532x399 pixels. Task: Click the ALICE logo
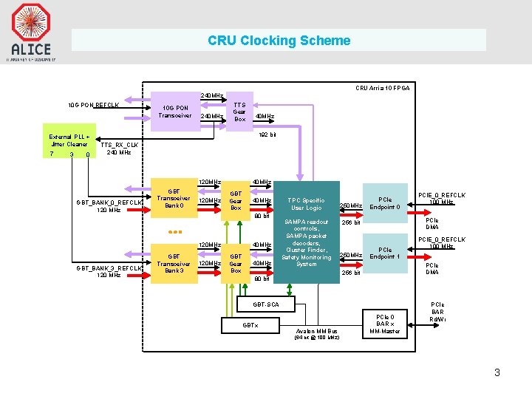click(30, 30)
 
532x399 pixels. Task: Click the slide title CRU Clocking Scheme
click(279, 41)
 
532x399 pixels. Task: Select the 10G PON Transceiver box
click(174, 111)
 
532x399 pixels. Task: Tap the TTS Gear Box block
click(239, 112)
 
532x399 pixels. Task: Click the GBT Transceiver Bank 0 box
click(174, 199)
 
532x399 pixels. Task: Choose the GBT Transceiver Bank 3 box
click(174, 263)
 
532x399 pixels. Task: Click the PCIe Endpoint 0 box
click(384, 203)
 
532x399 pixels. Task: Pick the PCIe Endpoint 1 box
click(384, 253)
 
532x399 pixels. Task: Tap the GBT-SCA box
click(267, 303)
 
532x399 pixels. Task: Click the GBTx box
click(250, 325)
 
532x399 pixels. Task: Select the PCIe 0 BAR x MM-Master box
click(384, 324)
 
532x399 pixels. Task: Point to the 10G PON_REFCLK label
click(93, 105)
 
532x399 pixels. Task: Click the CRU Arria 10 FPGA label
click(382, 88)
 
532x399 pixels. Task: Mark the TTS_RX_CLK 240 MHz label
click(119, 149)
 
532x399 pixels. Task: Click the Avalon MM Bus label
click(316, 332)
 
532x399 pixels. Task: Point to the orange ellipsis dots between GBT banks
click(174, 232)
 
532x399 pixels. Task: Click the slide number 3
click(497, 372)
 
